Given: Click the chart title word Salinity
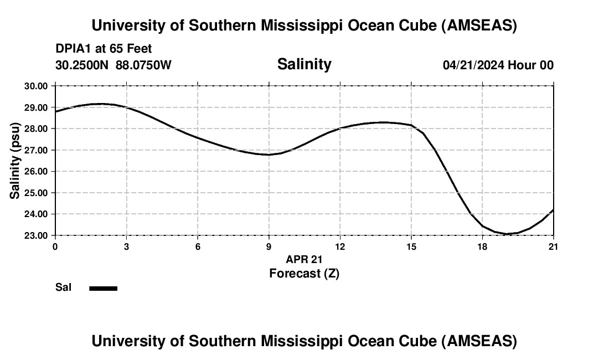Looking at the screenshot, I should point(304,64).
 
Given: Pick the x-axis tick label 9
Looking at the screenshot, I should point(269,246).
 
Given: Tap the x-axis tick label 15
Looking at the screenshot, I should point(411,246).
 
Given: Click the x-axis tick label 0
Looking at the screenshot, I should point(55,246).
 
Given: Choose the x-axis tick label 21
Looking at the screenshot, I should point(554,246).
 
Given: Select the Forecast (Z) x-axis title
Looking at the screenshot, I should point(304,273).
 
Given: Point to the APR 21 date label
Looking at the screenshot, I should point(304,259).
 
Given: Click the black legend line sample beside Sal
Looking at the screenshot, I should point(104,288).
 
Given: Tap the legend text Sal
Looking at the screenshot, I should point(63,287).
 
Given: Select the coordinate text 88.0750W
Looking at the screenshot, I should point(143,65).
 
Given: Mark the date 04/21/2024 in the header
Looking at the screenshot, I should point(473,65).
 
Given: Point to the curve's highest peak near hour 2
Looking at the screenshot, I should point(100,104).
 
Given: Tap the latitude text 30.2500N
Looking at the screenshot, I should point(82,65).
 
